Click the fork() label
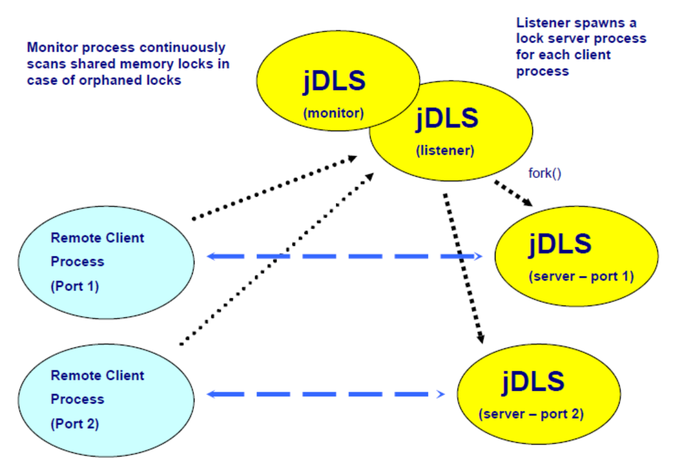(x=545, y=173)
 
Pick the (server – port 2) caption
(x=531, y=414)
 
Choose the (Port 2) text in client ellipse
(x=74, y=424)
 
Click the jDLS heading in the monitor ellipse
(x=334, y=81)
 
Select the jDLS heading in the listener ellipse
(x=447, y=118)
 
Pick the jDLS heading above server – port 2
(x=533, y=381)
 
